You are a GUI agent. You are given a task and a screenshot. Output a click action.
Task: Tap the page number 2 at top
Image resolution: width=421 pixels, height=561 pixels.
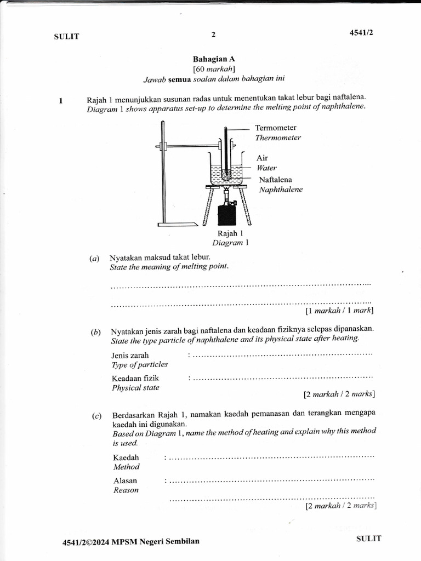(x=213, y=35)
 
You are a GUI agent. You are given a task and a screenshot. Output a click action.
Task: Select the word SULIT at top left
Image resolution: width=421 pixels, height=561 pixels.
(x=66, y=37)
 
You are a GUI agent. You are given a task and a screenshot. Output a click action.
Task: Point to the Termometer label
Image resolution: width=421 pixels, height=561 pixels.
(x=276, y=128)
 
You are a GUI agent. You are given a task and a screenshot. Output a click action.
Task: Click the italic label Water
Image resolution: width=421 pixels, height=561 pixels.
(x=266, y=168)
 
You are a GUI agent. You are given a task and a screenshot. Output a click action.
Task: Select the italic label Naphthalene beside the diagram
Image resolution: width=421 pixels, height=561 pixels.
(x=281, y=190)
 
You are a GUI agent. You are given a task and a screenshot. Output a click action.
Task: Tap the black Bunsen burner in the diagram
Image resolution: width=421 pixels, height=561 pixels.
(x=226, y=215)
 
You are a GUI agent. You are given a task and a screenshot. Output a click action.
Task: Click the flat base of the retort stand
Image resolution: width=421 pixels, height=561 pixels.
(x=177, y=224)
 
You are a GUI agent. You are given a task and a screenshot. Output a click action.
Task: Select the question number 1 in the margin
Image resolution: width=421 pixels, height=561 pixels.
(x=61, y=101)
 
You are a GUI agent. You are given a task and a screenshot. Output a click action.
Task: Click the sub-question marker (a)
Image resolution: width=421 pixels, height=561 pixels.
(x=95, y=257)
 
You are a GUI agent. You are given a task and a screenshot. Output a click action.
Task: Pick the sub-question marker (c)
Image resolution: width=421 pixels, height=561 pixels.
(x=97, y=416)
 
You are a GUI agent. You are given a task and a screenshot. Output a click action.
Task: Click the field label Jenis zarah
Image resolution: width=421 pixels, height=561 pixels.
(x=130, y=355)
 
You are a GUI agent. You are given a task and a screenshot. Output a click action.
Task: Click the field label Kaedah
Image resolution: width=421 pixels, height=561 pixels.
(x=126, y=457)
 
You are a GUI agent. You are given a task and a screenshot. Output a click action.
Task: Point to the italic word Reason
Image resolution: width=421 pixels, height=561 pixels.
(x=126, y=490)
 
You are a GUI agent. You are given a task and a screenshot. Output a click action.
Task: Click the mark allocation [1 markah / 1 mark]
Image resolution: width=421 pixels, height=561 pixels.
(x=339, y=311)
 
